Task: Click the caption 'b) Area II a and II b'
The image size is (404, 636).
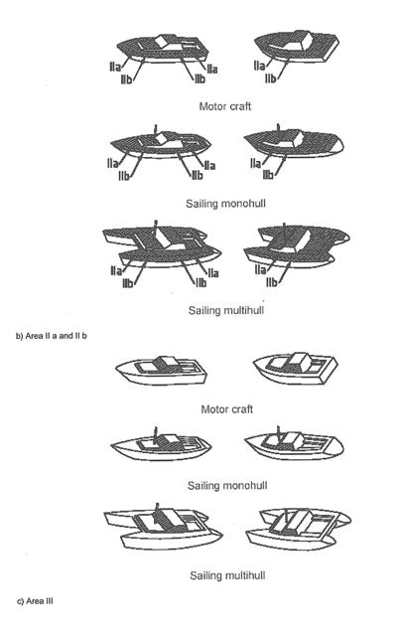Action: [x=52, y=336]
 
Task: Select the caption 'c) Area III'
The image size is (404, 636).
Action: [x=35, y=601]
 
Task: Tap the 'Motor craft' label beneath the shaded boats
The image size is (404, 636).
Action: [x=225, y=106]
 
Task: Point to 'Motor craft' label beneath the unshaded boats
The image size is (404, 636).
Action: [x=227, y=408]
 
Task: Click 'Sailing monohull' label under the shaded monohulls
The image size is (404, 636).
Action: [x=225, y=203]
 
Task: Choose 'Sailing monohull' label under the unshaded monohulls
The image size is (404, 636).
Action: [x=227, y=486]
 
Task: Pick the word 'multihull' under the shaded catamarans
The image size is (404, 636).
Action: [x=243, y=310]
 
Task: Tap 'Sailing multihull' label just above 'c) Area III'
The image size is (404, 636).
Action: [x=227, y=575]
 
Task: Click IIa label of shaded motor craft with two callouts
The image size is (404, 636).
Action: [x=259, y=66]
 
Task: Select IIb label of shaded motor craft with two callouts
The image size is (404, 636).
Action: [x=271, y=79]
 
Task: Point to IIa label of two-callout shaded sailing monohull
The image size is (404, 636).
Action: [x=255, y=163]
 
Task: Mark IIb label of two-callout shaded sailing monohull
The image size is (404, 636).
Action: [x=268, y=175]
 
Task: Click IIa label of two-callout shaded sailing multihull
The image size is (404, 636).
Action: [x=260, y=269]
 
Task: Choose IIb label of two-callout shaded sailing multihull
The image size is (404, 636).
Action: [x=272, y=282]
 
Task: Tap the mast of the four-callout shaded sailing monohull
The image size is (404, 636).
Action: [x=155, y=129]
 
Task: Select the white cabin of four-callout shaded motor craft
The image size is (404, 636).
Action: [x=165, y=43]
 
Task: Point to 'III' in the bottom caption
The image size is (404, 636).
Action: [x=48, y=601]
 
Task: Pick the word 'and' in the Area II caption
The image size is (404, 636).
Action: [x=65, y=336]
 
